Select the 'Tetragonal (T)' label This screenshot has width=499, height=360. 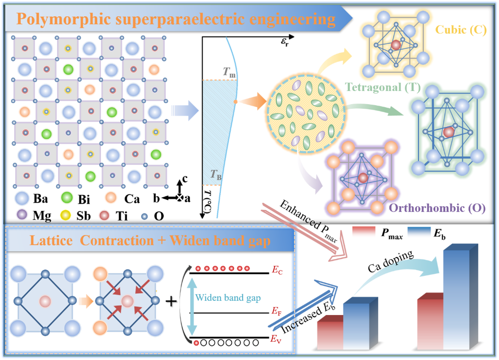point(384,87)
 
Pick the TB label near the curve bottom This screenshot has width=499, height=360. point(216,177)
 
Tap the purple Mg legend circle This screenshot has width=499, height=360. point(22,215)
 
